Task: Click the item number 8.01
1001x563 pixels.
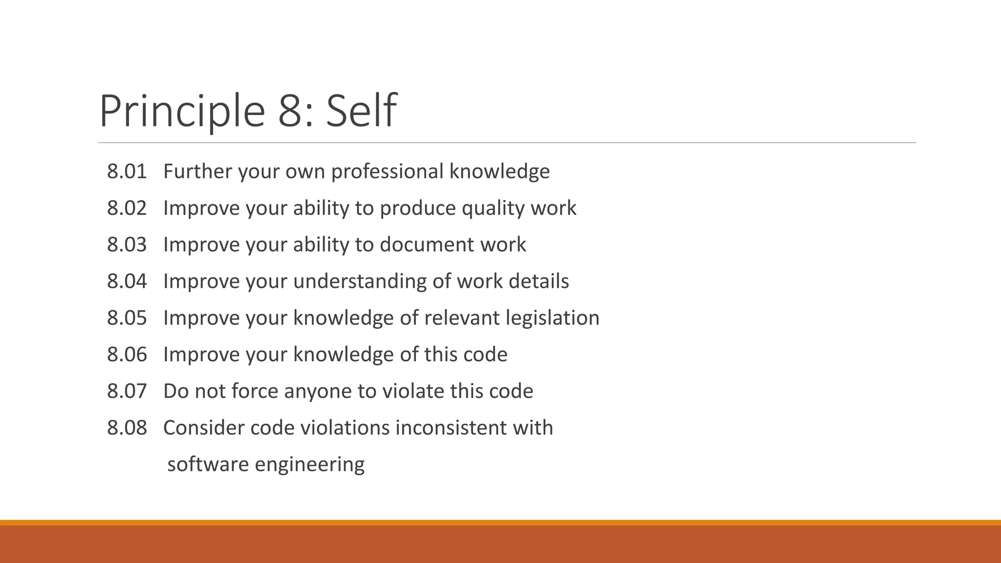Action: (x=127, y=172)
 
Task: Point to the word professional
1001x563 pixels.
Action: (x=387, y=172)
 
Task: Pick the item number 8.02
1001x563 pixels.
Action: (x=127, y=208)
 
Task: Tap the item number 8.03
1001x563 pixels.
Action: (x=127, y=245)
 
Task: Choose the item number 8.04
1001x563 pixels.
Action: (x=127, y=281)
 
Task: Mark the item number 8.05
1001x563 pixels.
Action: (x=127, y=318)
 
